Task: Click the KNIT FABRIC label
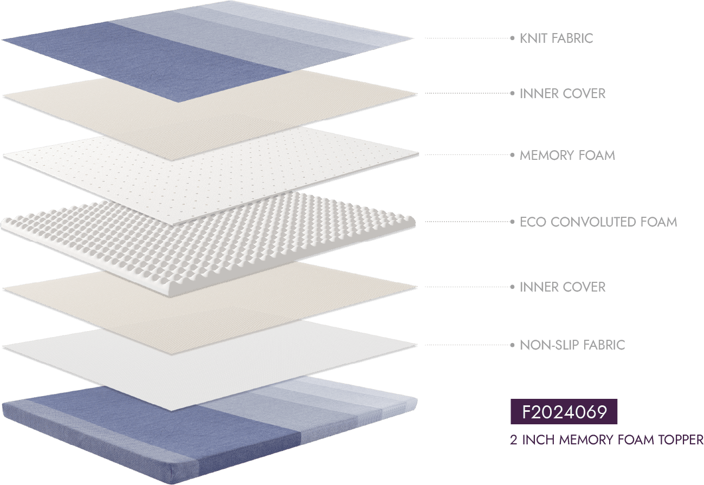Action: click(x=556, y=38)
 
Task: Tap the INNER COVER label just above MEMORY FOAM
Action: click(x=563, y=94)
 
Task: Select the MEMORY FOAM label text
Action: click(x=567, y=156)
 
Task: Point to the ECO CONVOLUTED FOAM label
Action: click(x=598, y=222)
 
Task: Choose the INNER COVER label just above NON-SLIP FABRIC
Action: click(x=563, y=287)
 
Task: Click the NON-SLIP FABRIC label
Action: click(x=572, y=345)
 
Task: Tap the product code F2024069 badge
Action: click(x=564, y=412)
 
